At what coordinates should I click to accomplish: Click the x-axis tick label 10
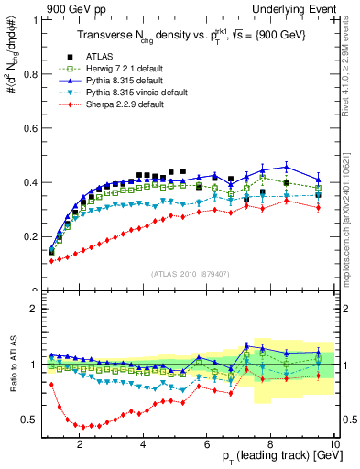pyautogui.click(x=334, y=444)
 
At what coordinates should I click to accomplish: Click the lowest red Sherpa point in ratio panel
pyautogui.click(x=83, y=427)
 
